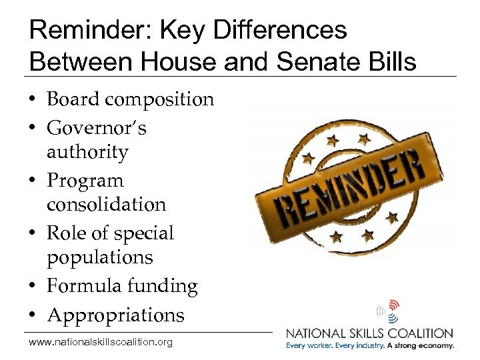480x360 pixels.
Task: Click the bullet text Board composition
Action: tap(130, 99)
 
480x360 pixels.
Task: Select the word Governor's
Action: tap(96, 127)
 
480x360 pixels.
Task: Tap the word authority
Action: tap(87, 152)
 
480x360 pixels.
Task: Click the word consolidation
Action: tap(106, 204)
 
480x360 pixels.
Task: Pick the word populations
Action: tap(99, 257)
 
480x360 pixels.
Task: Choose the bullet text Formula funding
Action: tap(122, 287)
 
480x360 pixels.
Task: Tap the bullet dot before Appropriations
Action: tap(34, 315)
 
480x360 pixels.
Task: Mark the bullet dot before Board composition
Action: tap(34, 100)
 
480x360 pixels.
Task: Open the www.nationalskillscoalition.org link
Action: tap(101, 343)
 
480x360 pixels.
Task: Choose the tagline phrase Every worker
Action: tap(311, 346)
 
